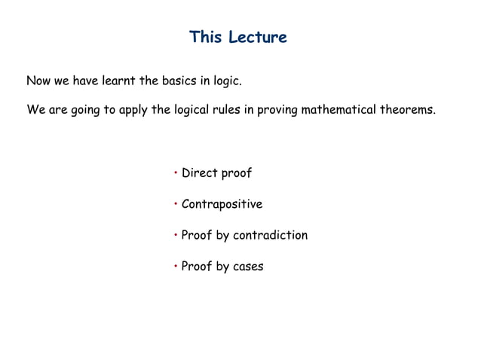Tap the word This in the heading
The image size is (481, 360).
point(205,37)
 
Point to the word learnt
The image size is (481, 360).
point(118,80)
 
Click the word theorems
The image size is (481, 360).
point(407,110)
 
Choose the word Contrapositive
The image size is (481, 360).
point(222,204)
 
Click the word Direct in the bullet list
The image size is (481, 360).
point(199,173)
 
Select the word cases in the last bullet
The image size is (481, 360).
point(248,267)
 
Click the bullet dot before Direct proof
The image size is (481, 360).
point(175,172)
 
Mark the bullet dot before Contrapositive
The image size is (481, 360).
point(175,203)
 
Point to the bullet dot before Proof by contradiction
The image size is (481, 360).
point(175,234)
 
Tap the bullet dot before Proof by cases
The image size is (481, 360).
point(175,266)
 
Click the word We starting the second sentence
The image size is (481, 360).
point(35,110)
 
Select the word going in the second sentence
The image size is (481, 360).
point(85,111)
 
